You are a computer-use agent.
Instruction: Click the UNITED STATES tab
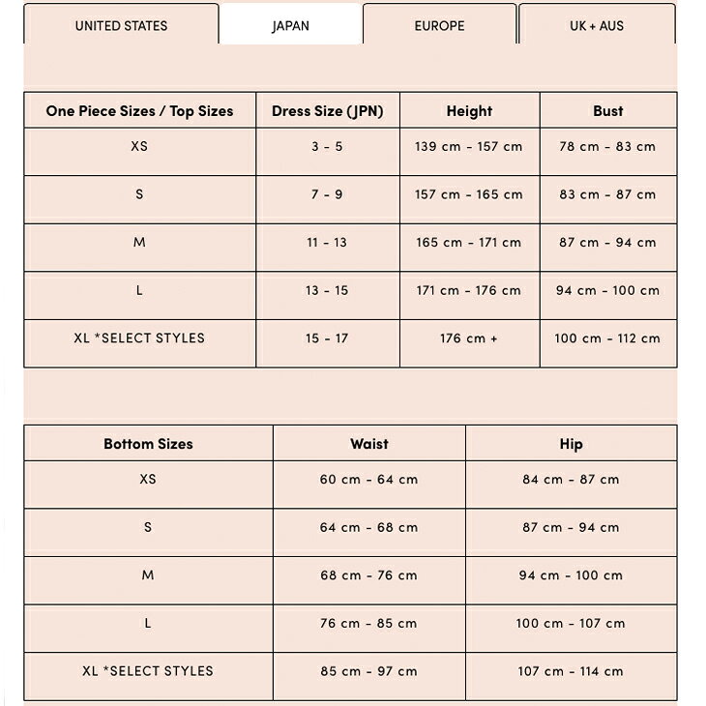point(121,26)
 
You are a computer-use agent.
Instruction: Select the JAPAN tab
point(291,26)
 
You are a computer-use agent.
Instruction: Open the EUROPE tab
point(440,26)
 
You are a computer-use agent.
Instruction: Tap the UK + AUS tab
point(597,26)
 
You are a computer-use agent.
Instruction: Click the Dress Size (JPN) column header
point(328,111)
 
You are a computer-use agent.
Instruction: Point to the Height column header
point(469,111)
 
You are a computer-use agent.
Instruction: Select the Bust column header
point(608,111)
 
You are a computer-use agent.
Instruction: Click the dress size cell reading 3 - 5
point(327,147)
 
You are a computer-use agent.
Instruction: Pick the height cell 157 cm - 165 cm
point(469,194)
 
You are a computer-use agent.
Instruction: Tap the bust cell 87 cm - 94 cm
point(607,243)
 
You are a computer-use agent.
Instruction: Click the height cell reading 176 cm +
point(469,338)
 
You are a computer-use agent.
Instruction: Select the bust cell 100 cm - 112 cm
point(607,338)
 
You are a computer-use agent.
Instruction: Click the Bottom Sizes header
point(148,444)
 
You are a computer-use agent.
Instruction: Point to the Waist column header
point(369,444)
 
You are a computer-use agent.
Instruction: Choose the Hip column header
point(571,444)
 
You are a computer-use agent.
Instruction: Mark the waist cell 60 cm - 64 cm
point(369,480)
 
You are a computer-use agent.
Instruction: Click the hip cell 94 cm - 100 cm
point(571,575)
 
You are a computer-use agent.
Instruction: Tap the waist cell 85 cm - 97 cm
point(369,671)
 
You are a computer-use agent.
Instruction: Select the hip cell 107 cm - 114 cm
point(571,671)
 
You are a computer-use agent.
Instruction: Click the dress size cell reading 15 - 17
point(327,338)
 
